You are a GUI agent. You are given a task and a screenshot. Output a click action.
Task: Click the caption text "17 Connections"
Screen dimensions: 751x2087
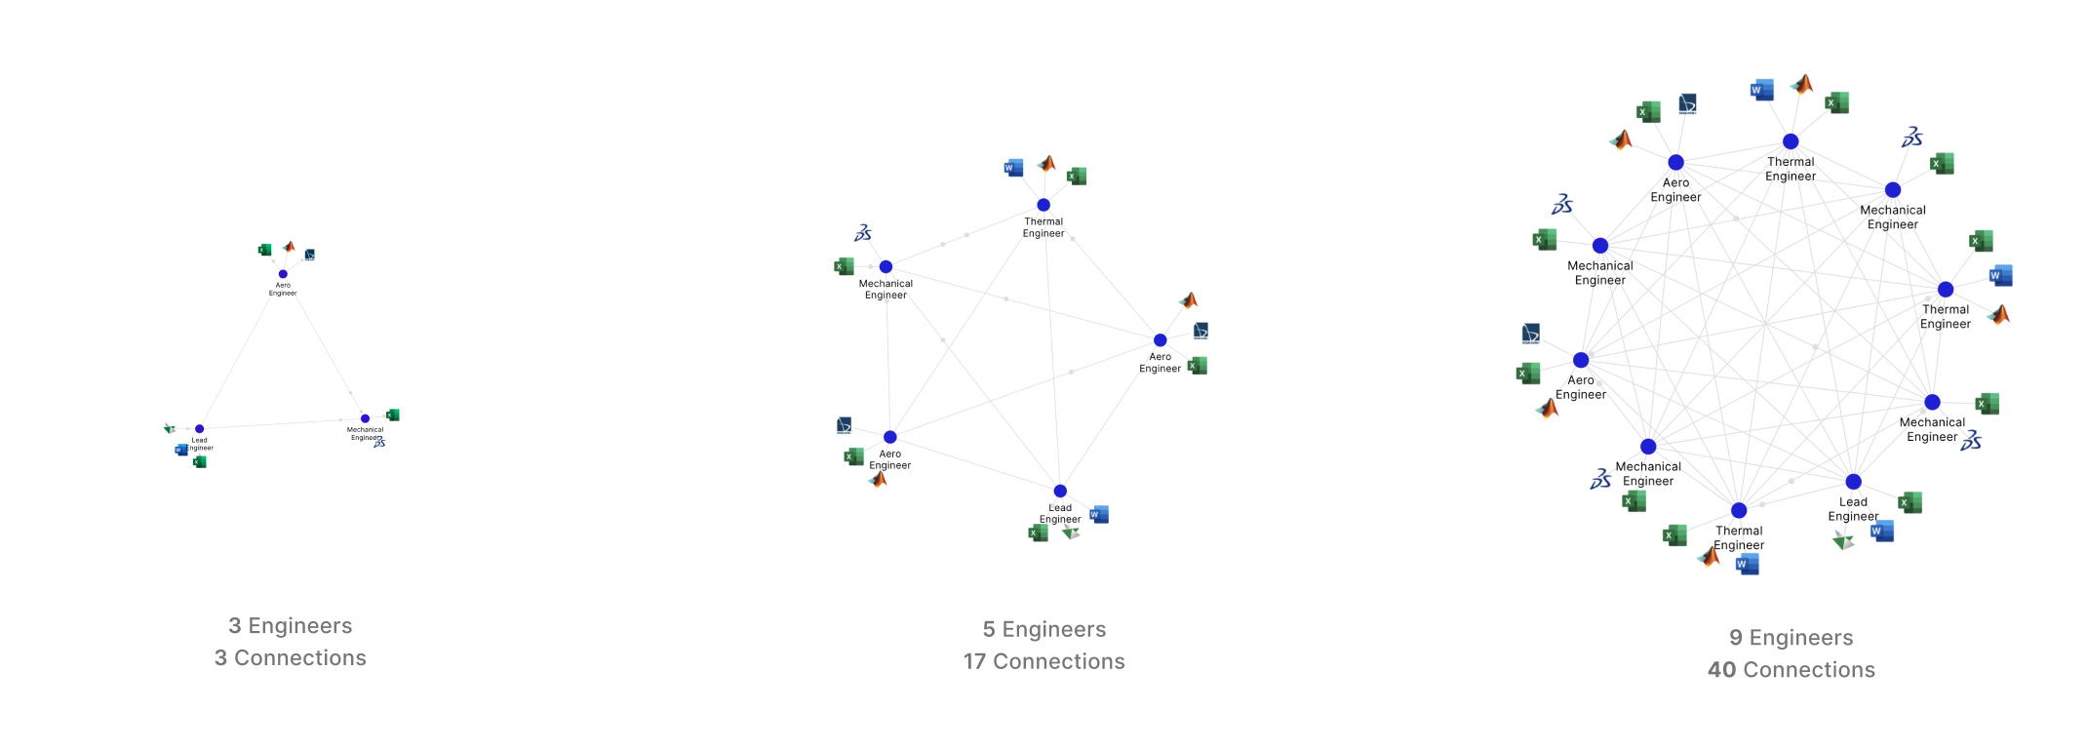click(x=1043, y=661)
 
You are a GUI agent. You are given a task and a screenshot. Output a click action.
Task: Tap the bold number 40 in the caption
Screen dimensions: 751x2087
click(x=1721, y=670)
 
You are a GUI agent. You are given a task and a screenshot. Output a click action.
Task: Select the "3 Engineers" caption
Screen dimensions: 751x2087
click(x=290, y=626)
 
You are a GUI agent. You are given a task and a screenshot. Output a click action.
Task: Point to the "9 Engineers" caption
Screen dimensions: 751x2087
click(x=1791, y=638)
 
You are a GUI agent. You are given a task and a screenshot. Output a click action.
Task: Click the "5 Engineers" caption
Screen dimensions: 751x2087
click(x=1043, y=629)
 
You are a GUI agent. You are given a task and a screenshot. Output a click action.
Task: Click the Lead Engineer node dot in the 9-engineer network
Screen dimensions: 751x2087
click(x=1853, y=482)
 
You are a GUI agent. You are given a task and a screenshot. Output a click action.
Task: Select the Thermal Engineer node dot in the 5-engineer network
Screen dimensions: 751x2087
click(x=1043, y=205)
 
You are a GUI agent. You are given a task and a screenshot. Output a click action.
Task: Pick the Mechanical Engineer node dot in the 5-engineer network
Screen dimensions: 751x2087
click(x=886, y=266)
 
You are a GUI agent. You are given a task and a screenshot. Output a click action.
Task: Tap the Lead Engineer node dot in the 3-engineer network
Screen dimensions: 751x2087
click(x=199, y=429)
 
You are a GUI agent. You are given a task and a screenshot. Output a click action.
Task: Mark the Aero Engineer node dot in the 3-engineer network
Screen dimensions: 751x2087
click(x=283, y=274)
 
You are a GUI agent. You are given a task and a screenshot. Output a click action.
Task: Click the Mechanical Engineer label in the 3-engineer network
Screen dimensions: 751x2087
click(x=365, y=433)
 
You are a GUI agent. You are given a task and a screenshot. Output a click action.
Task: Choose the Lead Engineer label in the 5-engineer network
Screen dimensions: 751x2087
click(x=1059, y=513)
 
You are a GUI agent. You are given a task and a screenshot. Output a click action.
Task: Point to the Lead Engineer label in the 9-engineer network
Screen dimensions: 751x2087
click(x=1853, y=509)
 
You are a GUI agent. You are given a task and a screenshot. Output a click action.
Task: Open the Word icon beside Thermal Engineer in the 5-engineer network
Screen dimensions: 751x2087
click(x=1013, y=168)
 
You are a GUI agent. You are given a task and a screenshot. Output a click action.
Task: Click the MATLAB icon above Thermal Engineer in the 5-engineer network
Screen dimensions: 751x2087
click(x=1047, y=163)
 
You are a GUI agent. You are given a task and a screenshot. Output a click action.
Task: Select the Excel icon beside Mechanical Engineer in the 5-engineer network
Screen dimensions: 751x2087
click(x=845, y=266)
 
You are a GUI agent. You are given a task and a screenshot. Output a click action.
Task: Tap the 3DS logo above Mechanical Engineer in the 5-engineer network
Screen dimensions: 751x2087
click(x=863, y=233)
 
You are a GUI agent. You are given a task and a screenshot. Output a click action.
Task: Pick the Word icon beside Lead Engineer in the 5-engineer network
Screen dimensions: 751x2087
click(x=1099, y=514)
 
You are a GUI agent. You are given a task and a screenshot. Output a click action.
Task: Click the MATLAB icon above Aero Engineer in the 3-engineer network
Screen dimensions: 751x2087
click(x=289, y=247)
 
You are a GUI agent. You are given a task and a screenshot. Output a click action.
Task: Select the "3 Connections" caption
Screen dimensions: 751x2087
click(x=290, y=658)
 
